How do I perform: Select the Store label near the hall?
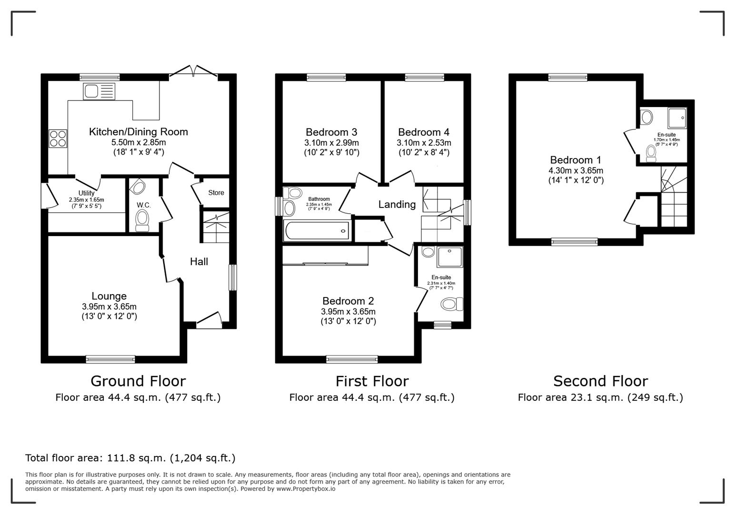(x=216, y=193)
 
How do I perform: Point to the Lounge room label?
(x=109, y=296)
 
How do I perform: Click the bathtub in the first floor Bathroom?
(x=317, y=231)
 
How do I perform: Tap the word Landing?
(x=397, y=204)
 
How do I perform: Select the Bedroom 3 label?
(x=331, y=132)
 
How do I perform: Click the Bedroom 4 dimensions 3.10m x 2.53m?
(x=424, y=143)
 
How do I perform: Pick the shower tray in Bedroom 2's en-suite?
(x=449, y=257)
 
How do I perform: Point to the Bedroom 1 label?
(x=575, y=160)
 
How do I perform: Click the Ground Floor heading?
(x=138, y=381)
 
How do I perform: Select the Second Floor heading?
(x=600, y=381)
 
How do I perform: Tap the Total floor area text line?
(x=130, y=458)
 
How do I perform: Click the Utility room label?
(x=86, y=193)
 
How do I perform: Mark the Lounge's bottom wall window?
(x=110, y=359)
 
